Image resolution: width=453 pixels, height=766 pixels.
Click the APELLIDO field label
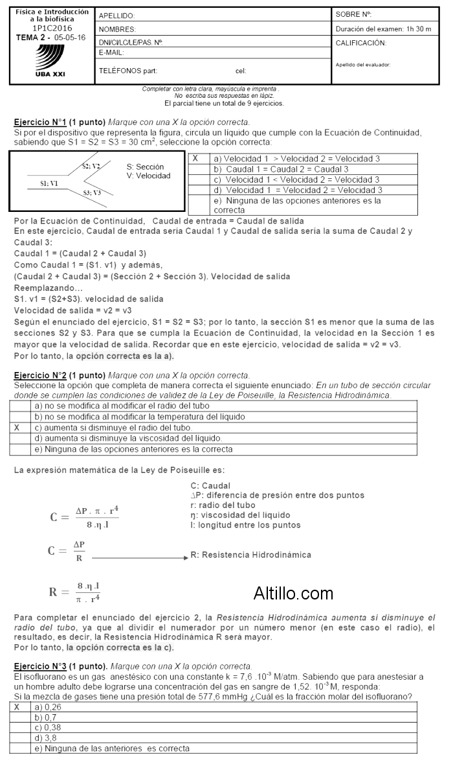pos(117,16)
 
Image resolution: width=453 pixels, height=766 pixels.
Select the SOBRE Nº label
pos(354,14)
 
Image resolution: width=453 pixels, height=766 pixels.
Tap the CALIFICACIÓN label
pos(361,43)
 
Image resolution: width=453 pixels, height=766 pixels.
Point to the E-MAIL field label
pos(111,52)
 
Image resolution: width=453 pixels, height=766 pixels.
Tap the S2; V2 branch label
pos(91,166)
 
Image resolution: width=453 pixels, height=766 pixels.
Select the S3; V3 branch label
pos(92,192)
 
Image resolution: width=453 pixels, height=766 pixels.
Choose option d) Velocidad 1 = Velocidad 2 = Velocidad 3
pos(298,190)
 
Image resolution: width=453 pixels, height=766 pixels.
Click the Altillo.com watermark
pos(293,593)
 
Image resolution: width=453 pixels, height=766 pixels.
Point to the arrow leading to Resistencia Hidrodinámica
pos(138,557)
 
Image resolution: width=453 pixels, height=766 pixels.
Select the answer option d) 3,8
pos(43,737)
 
